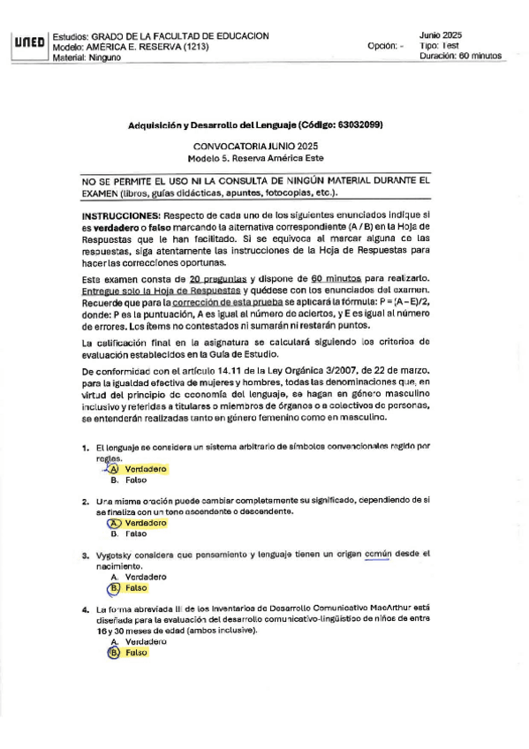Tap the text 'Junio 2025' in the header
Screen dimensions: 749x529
441,34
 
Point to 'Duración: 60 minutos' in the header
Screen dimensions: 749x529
460,55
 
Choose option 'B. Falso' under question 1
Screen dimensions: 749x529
128,481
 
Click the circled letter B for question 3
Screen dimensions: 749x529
113,586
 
